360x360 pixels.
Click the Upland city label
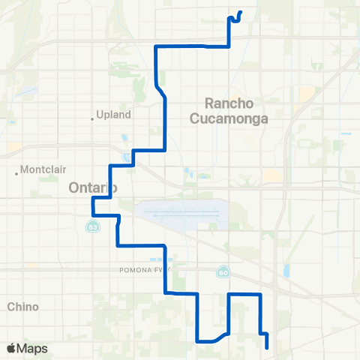(114, 115)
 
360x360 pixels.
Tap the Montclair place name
(44, 169)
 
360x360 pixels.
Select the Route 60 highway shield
(223, 271)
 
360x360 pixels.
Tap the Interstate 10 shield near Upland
(126, 156)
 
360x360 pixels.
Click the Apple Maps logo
(27, 349)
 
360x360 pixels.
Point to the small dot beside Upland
(92, 117)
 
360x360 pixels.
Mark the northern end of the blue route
(240, 11)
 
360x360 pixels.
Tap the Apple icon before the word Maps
(10, 348)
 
